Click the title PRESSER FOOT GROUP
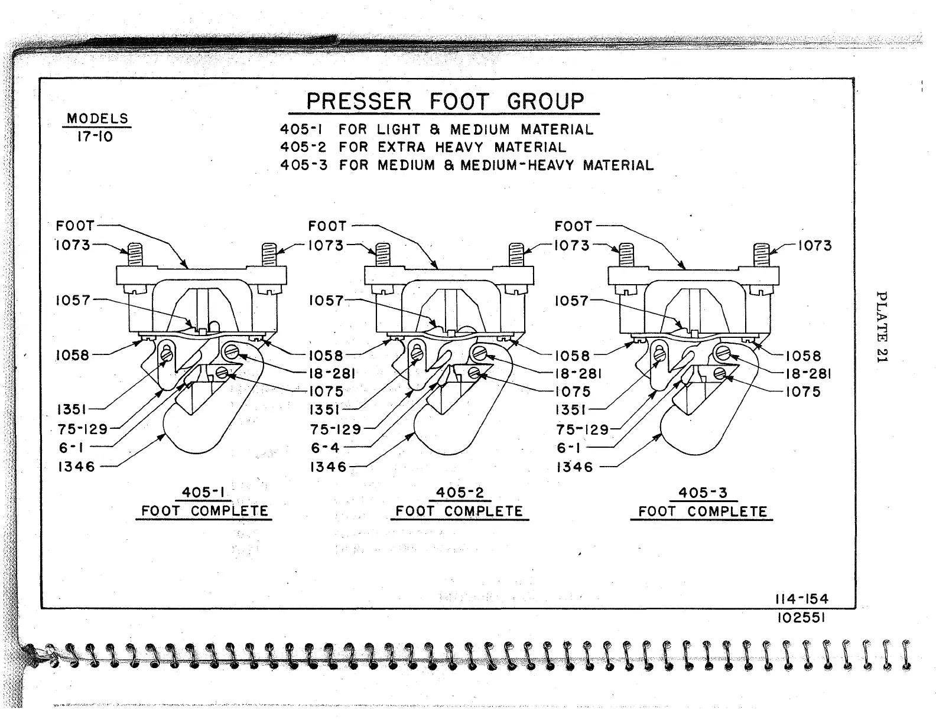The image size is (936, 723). coord(444,102)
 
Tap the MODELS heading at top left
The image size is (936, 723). coord(97,118)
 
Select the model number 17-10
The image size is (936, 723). coord(95,137)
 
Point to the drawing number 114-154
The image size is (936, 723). coord(801,599)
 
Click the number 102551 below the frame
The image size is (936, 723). coord(801,617)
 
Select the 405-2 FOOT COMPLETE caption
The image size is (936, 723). coord(459,503)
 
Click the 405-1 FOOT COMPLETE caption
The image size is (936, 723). coord(204,502)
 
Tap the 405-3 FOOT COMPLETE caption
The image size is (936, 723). coord(703,503)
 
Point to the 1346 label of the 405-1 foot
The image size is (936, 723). coord(76,467)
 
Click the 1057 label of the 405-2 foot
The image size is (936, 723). coord(326,301)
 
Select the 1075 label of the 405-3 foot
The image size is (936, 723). coord(803,392)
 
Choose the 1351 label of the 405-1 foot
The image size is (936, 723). coord(73,409)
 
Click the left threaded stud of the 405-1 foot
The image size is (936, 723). coord(135,255)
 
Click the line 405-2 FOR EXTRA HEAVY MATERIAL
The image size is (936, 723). coord(422,147)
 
